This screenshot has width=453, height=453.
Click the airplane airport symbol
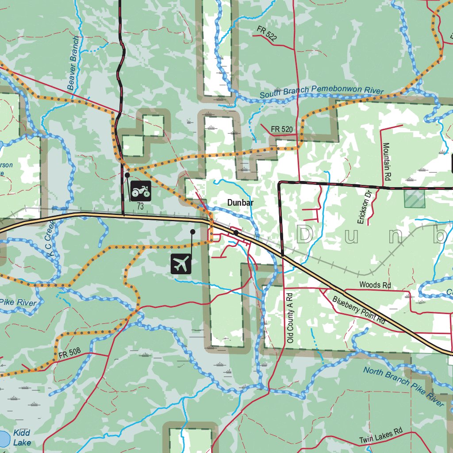click(x=181, y=264)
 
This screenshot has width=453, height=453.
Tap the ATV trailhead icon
click(x=141, y=191)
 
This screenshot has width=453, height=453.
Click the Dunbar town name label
click(x=240, y=203)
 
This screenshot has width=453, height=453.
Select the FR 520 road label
click(x=282, y=129)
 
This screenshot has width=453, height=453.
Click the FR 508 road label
click(x=69, y=352)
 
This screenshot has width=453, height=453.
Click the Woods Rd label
click(x=375, y=285)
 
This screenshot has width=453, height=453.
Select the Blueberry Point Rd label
click(x=359, y=309)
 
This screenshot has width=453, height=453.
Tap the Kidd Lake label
click(x=22, y=438)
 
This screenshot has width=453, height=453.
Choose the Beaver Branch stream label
click(x=73, y=63)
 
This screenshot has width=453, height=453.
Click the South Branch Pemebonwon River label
click(x=321, y=92)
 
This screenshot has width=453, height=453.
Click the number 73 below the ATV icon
click(x=140, y=206)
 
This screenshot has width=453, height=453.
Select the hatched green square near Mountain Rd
click(x=415, y=199)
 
